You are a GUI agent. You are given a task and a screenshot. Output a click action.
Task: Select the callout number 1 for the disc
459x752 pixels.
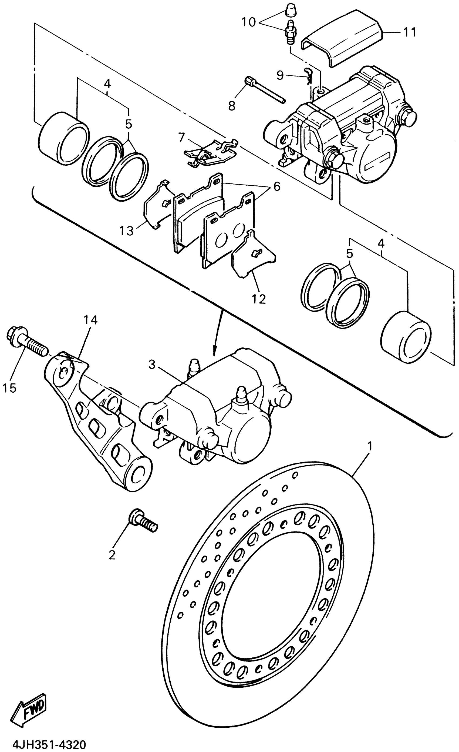tap(370, 446)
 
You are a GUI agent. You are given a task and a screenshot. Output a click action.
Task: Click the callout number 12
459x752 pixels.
tap(259, 299)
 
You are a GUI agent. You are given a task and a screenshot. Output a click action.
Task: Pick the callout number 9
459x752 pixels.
tap(280, 75)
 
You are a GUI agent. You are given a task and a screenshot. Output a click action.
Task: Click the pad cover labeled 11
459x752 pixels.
tap(342, 40)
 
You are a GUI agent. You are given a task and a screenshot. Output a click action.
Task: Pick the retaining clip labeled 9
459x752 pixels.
tap(309, 76)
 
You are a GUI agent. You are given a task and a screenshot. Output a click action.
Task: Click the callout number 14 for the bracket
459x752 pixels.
tap(90, 320)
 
